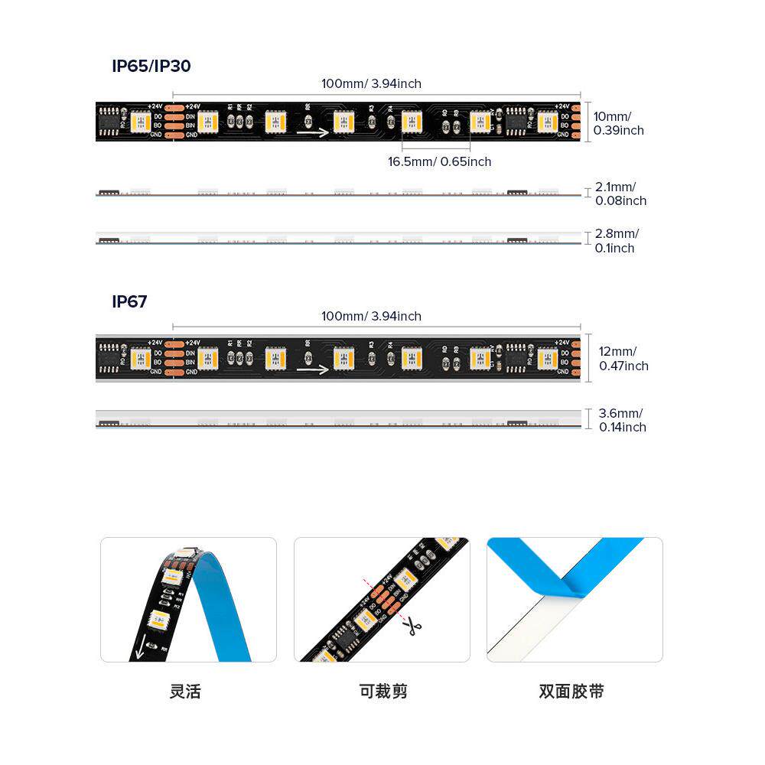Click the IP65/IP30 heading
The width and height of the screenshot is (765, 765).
pyautogui.click(x=151, y=67)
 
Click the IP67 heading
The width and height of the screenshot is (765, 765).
pyautogui.click(x=129, y=302)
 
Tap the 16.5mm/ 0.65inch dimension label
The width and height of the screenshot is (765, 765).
pyautogui.click(x=439, y=162)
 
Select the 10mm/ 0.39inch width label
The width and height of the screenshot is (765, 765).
pyautogui.click(x=618, y=123)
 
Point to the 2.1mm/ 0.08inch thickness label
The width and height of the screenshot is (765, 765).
pyautogui.click(x=620, y=194)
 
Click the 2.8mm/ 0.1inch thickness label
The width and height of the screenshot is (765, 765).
pyautogui.click(x=617, y=241)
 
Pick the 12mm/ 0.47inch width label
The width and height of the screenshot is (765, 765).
pyautogui.click(x=623, y=359)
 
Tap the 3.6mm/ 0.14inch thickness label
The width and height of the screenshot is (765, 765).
pyautogui.click(x=622, y=420)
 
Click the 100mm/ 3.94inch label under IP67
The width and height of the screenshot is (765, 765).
pyautogui.click(x=371, y=316)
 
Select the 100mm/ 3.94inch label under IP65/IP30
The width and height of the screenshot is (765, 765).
pyautogui.click(x=371, y=83)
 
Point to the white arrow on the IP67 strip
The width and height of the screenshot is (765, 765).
pyautogui.click(x=313, y=369)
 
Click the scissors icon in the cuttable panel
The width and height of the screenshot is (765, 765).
pyautogui.click(x=413, y=627)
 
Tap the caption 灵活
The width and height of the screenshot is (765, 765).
pyautogui.click(x=185, y=692)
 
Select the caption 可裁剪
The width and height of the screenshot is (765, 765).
pyautogui.click(x=383, y=692)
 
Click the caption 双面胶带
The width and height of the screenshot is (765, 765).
pyautogui.click(x=571, y=692)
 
